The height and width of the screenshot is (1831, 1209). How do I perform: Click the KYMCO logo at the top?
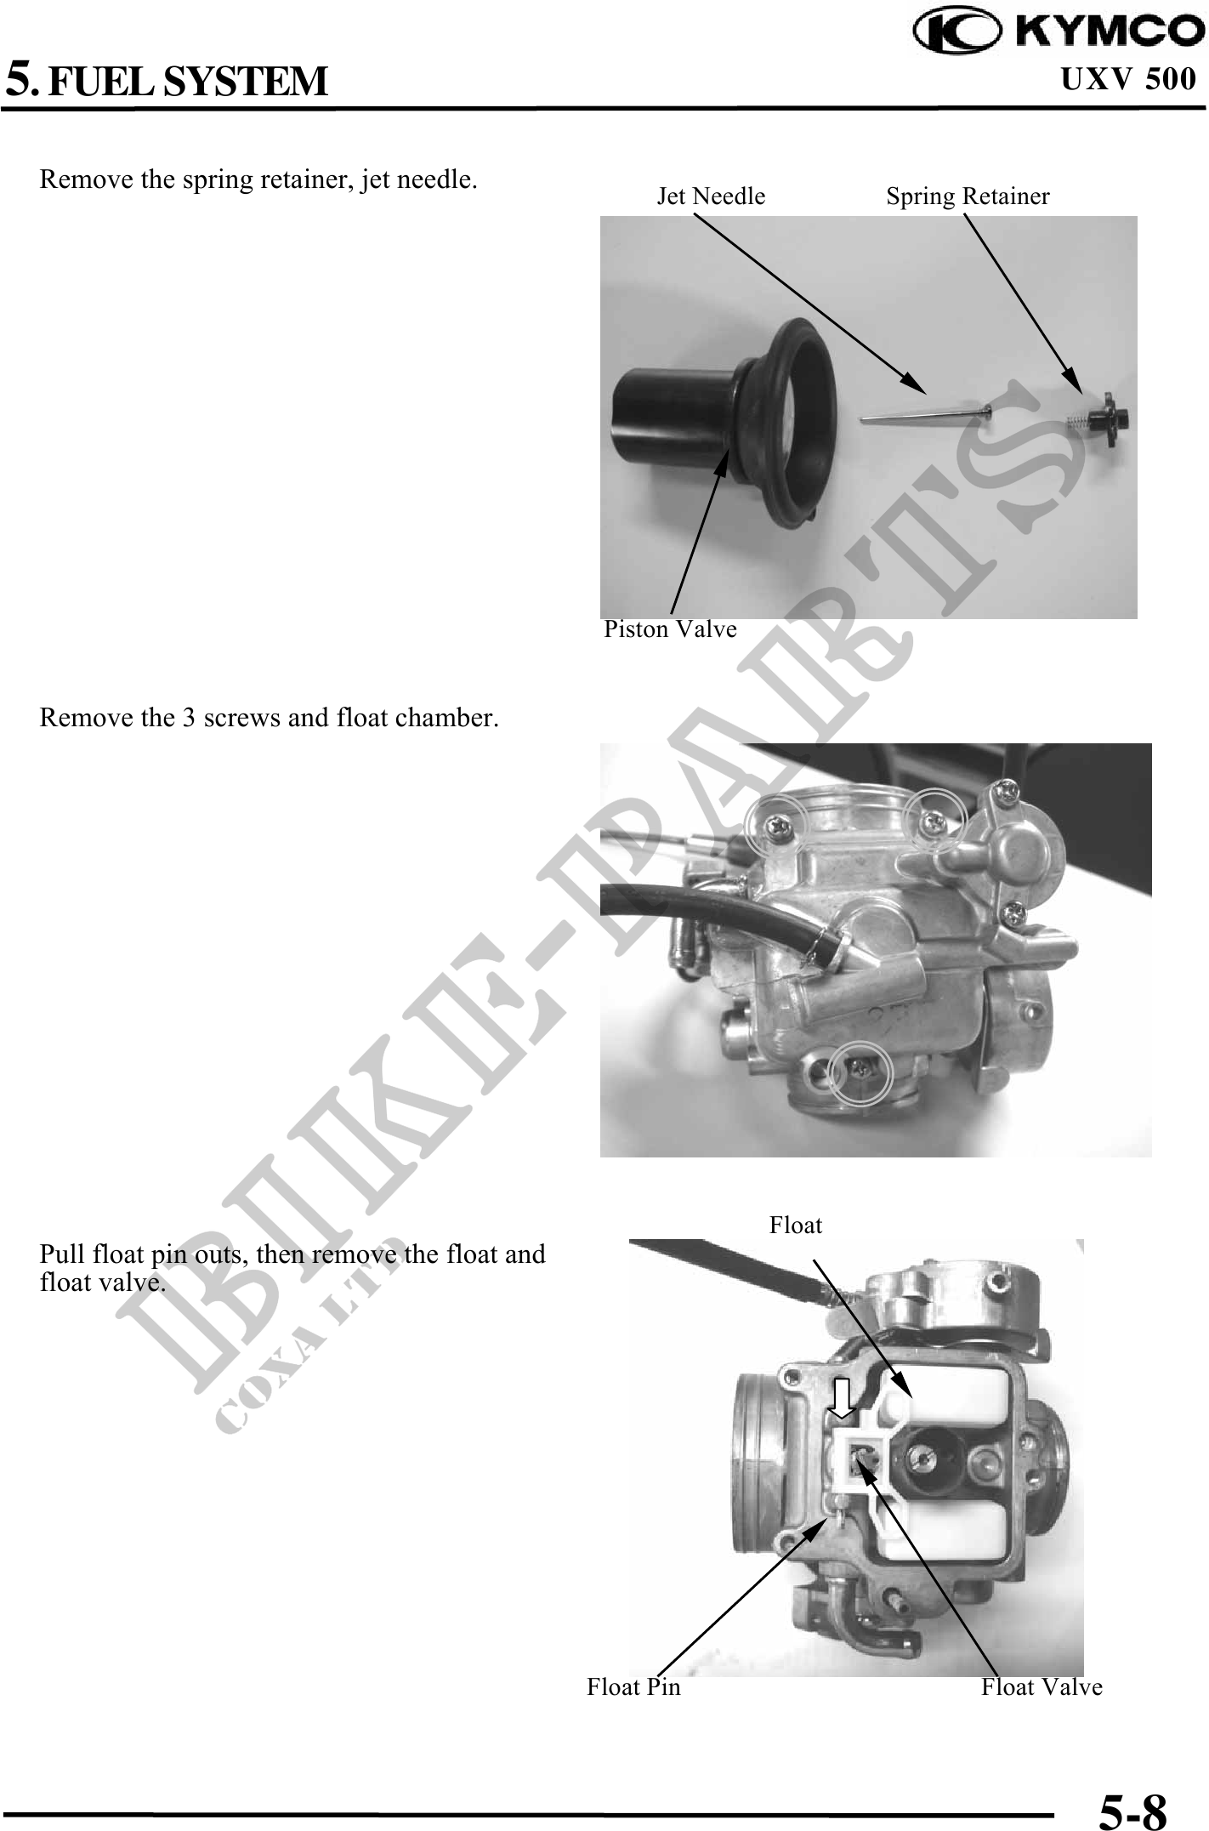coord(1059,31)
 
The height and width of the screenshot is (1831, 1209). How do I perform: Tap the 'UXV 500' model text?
coord(1128,80)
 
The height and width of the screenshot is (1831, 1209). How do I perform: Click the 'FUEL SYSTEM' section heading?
coord(188,82)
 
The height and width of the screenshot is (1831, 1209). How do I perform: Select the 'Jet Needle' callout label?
coord(711,196)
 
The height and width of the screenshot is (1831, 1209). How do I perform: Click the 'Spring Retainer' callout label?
coord(968,196)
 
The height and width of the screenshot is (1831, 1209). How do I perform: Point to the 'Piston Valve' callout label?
coord(670,629)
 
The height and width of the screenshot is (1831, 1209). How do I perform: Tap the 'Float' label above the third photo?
coord(796,1225)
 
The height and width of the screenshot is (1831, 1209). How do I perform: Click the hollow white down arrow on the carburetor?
coord(842,1399)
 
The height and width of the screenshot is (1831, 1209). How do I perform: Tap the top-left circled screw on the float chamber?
coord(775,825)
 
